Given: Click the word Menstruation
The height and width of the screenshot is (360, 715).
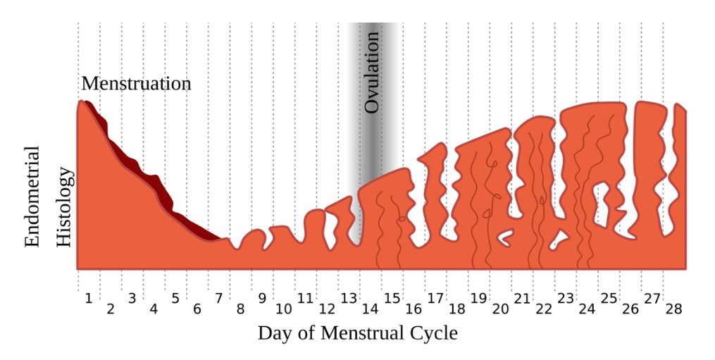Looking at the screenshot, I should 136,83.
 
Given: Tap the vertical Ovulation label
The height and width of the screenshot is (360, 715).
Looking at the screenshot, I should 373,71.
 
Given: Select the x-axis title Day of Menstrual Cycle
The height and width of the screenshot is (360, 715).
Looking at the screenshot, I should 357,333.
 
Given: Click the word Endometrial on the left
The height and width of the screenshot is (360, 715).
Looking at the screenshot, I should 32,197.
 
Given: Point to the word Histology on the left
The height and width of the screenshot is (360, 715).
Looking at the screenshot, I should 64,206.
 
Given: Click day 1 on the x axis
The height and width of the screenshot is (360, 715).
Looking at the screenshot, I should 89,298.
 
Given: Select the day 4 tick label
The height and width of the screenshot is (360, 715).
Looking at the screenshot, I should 154,309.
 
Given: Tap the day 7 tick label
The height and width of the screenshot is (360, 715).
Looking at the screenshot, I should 218,298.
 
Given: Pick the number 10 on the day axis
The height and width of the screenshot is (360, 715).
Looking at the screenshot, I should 283,309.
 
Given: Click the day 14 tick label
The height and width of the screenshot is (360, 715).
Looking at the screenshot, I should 370,309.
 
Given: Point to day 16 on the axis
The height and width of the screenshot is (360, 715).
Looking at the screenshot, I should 414,309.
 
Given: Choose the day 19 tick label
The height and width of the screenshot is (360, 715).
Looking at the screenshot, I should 478,298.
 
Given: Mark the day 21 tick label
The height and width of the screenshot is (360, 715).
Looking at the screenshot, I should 522,298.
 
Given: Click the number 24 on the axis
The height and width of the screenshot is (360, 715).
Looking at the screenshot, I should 587,309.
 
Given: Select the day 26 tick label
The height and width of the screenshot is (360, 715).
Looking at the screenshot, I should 630,309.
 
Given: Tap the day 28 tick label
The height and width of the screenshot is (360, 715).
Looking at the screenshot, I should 673,309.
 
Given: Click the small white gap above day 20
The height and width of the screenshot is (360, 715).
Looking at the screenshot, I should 504,237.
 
